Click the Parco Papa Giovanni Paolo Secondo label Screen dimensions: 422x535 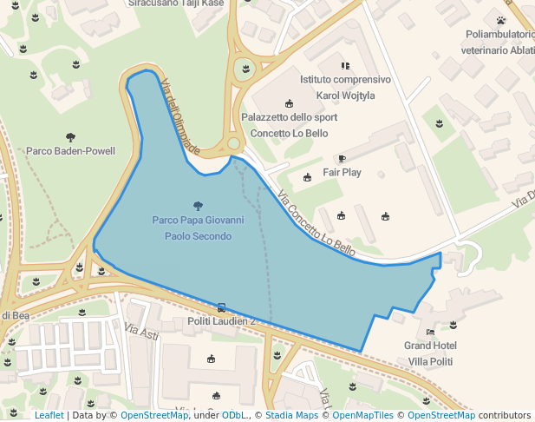[x=198, y=228]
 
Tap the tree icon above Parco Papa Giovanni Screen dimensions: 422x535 [x=199, y=206]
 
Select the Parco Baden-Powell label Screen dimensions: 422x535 [x=70, y=151]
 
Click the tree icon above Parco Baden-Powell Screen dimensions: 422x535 [x=70, y=136]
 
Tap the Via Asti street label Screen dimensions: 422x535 [x=142, y=332]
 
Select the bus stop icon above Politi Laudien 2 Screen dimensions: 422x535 [x=222, y=307]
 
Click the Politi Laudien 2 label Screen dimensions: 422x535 [x=222, y=321]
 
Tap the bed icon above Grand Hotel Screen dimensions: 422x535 [x=430, y=332]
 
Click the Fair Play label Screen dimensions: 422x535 [x=342, y=173]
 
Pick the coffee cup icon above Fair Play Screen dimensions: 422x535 [x=342, y=158]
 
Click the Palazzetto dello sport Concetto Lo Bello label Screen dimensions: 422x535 [x=289, y=125]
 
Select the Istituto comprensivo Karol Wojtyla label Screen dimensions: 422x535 [x=345, y=87]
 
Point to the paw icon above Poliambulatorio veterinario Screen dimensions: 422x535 [x=500, y=20]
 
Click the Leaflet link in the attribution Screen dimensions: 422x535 [x=49, y=415]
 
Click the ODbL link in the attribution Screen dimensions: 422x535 [x=236, y=415]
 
